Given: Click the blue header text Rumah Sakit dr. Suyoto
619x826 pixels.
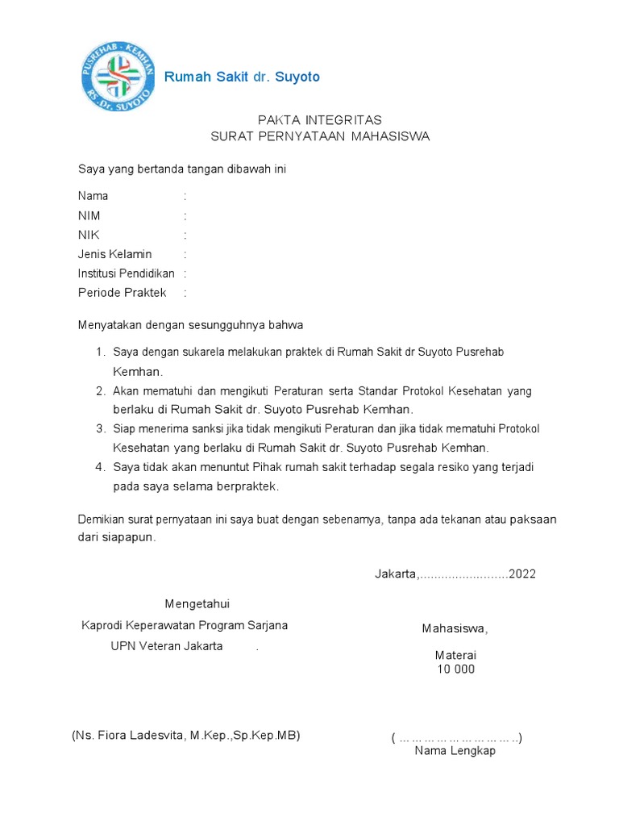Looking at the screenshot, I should (x=242, y=77).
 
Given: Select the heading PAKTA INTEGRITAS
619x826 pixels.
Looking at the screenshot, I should (x=320, y=119).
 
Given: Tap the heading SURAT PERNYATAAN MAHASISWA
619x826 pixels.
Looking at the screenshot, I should (x=320, y=136).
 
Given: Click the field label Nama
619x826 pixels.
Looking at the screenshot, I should (x=93, y=196).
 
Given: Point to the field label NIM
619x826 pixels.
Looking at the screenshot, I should (x=89, y=215).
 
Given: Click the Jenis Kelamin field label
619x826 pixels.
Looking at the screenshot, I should (x=114, y=254).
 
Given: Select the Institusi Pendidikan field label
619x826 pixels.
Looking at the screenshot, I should (x=126, y=273).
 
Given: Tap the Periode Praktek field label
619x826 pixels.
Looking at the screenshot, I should (x=122, y=293).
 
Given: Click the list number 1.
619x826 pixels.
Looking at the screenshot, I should (x=100, y=353).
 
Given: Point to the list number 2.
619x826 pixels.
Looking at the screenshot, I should (x=100, y=391).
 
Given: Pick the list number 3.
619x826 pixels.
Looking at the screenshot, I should (x=100, y=428).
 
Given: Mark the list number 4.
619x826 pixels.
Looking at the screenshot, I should (x=100, y=467).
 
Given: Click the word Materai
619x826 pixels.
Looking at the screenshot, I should (x=456, y=655).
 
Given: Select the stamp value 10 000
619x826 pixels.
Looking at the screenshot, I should (x=456, y=670).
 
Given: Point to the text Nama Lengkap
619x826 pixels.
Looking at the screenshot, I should (x=455, y=751).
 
